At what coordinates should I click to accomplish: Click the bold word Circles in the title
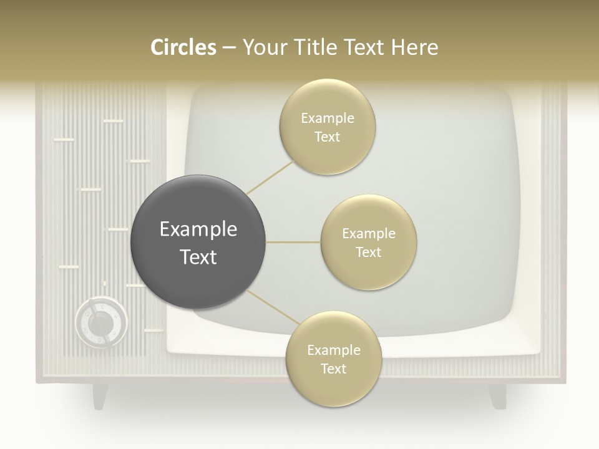point(183,47)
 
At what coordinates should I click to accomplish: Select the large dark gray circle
point(198,242)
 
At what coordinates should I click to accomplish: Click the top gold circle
point(327,127)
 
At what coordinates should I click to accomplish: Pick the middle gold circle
point(368,242)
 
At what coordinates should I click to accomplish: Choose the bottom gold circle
point(333,359)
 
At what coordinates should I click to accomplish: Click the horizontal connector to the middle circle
point(293,242)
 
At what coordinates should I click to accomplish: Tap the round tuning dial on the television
point(100,322)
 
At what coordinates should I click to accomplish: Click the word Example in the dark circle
point(198,229)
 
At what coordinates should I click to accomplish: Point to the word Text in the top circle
point(327,137)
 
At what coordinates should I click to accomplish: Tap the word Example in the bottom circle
point(333,350)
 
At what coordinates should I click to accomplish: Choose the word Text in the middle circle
point(368,252)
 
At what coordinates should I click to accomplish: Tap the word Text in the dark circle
point(198,256)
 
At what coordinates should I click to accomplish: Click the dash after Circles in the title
point(228,47)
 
